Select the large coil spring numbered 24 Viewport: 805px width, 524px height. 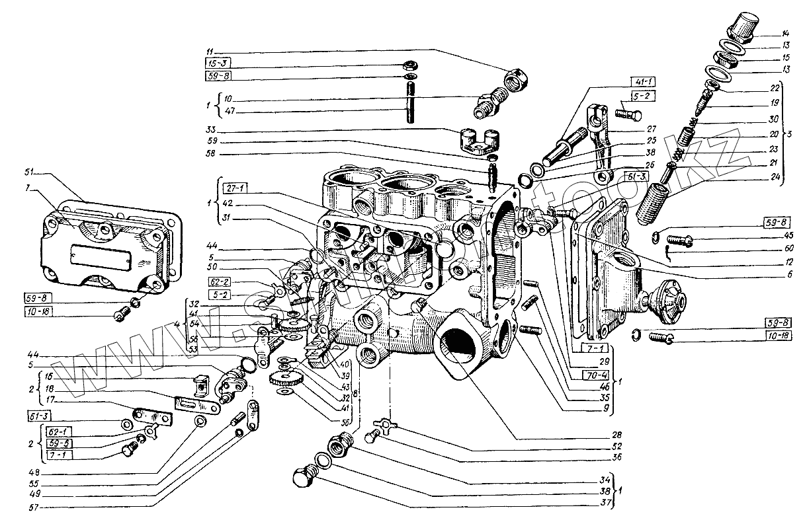pos(655,202)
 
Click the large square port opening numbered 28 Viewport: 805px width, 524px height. pos(459,350)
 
